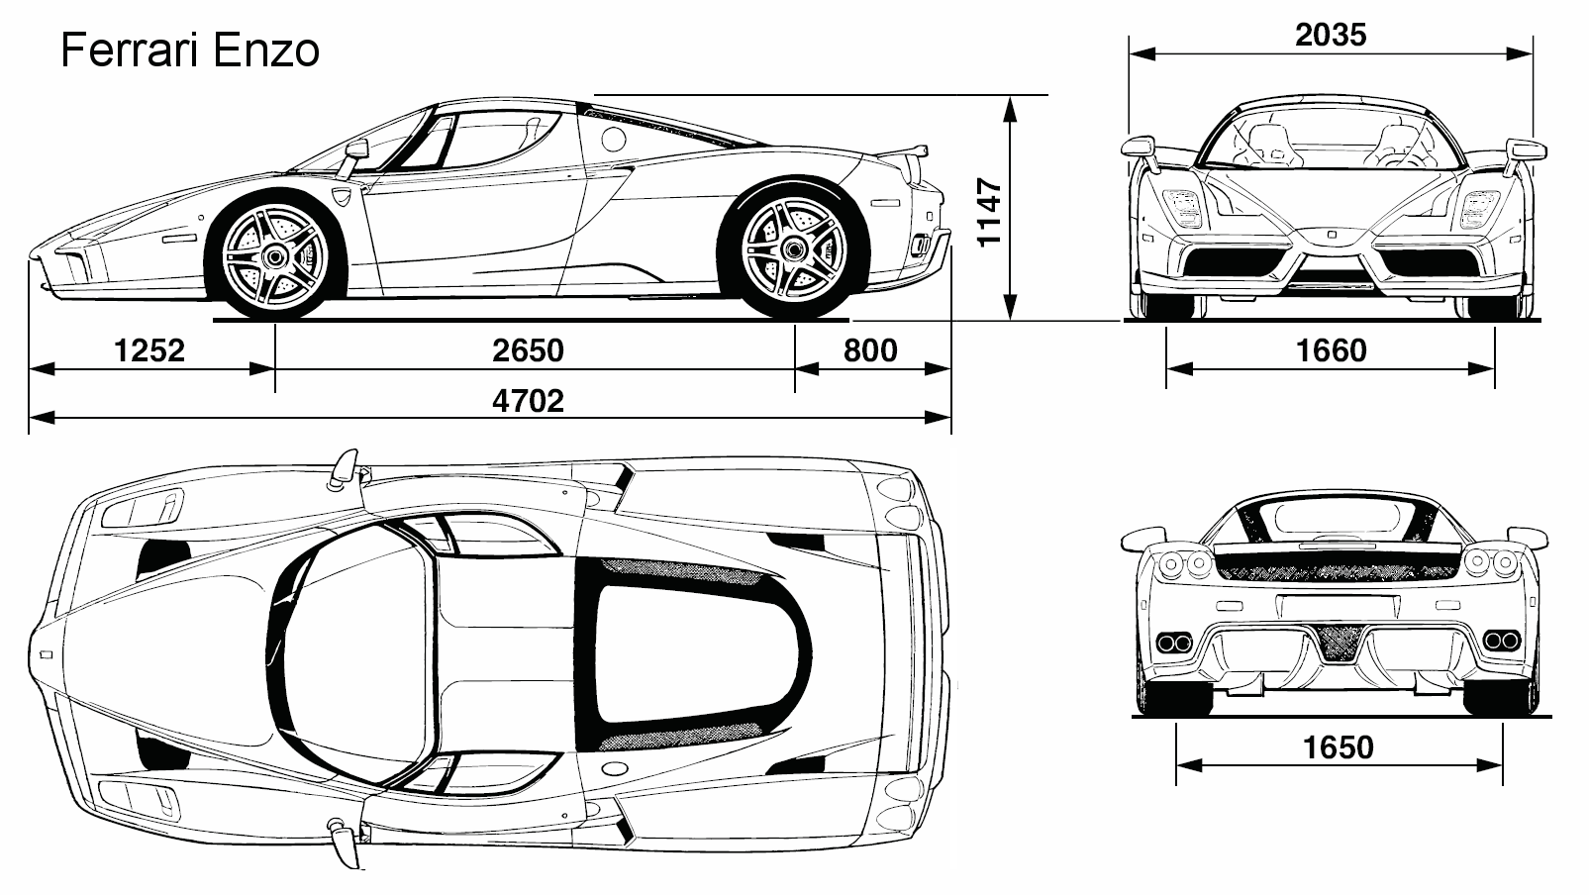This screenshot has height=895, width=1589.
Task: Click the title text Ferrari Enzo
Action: pos(190,50)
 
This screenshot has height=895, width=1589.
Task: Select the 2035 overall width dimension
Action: pos(1330,35)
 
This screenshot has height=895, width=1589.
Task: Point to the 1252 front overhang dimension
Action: pos(149,350)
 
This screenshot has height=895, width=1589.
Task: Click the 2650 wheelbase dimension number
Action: pos(528,350)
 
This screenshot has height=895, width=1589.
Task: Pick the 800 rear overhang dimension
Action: pos(870,350)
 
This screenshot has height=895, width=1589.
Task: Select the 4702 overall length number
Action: pos(528,401)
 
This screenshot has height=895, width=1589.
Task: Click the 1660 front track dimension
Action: pos(1331,350)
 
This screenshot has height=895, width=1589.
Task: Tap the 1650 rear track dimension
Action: pos(1338,746)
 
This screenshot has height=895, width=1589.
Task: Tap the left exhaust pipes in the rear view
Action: pos(1174,642)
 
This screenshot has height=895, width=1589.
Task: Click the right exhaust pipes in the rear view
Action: pos(1499,641)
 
